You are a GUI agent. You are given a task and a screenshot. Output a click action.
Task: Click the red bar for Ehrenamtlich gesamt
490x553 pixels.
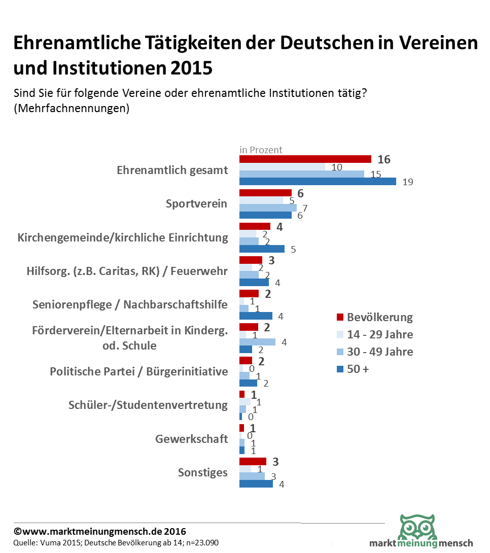point(305,159)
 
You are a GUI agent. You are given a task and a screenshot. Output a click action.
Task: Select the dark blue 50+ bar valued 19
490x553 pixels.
point(318,181)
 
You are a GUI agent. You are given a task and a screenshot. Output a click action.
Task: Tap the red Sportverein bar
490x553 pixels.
point(265,193)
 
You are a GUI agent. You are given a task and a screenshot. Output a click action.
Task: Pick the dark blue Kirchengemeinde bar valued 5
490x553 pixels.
point(262,249)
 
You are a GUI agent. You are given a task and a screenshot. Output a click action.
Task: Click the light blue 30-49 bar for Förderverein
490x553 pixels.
point(257,342)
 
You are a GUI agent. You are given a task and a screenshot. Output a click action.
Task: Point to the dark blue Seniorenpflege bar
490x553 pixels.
point(256,316)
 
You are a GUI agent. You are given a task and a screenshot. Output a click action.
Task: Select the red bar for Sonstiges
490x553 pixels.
point(253,461)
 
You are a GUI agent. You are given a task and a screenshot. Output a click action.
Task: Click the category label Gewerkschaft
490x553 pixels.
point(192,439)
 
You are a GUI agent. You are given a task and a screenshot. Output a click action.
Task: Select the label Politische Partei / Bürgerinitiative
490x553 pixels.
point(139,371)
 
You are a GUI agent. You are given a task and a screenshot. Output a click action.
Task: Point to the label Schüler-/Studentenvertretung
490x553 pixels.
point(148,405)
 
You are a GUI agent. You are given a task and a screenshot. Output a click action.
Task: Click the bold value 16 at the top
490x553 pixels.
point(384,159)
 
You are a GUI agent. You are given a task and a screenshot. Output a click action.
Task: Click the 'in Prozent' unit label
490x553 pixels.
point(261,150)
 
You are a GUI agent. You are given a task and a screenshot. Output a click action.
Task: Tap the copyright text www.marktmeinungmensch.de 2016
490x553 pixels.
point(100,532)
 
